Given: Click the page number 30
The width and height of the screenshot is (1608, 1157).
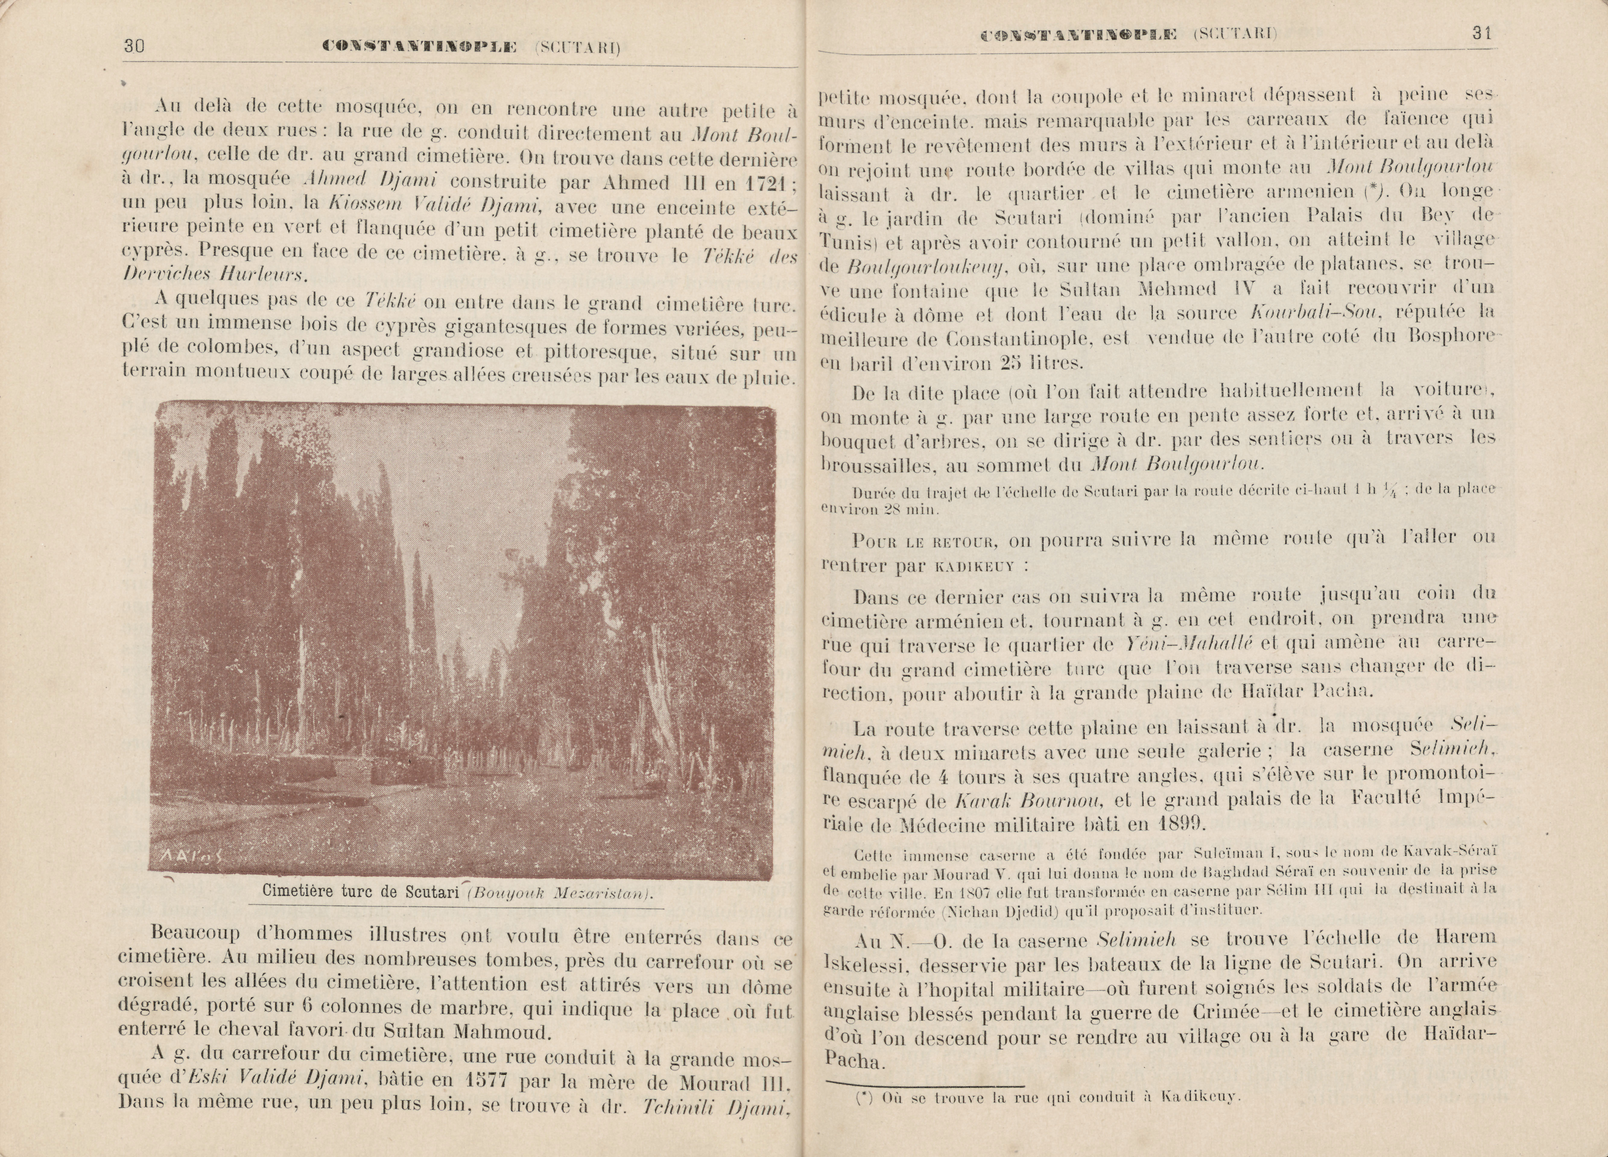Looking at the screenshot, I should click(x=134, y=47).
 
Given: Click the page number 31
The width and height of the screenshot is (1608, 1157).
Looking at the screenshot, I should click(x=1481, y=33).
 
